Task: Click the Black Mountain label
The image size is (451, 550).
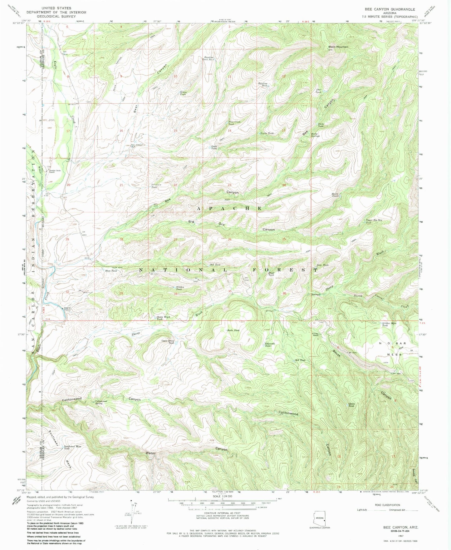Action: coord(338,47)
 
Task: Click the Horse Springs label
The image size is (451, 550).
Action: coord(315,136)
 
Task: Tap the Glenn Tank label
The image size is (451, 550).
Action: coord(351,405)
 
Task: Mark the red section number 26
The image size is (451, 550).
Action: coord(230,240)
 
